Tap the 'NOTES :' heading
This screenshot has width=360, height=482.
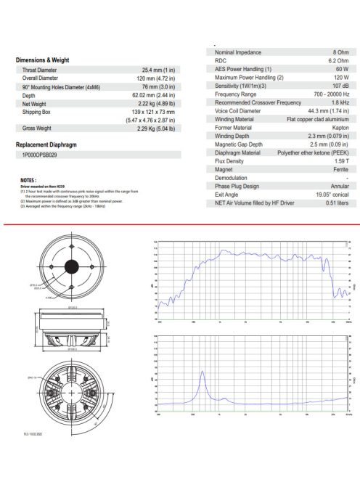(29, 179)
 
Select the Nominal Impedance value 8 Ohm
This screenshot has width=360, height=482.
(340, 52)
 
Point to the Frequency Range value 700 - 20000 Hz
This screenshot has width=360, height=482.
(327, 94)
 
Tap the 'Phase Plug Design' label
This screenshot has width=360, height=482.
(240, 186)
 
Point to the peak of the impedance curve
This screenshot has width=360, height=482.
(202, 373)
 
